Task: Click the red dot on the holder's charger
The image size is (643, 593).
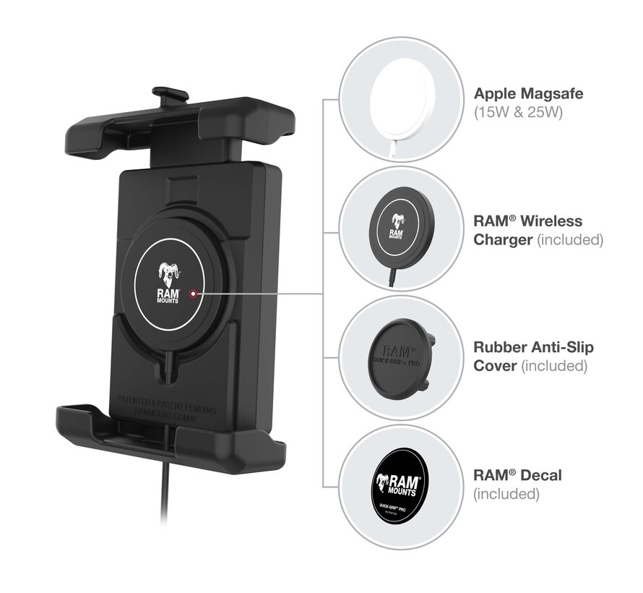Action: pos(191,294)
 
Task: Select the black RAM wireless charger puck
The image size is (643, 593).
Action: pos(395,225)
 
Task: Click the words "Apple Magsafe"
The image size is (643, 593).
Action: pos(528,93)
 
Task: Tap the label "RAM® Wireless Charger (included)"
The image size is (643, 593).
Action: pos(538,230)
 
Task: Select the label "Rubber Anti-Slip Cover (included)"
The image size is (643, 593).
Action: pos(533,357)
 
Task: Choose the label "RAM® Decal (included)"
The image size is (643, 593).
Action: pos(517,485)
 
